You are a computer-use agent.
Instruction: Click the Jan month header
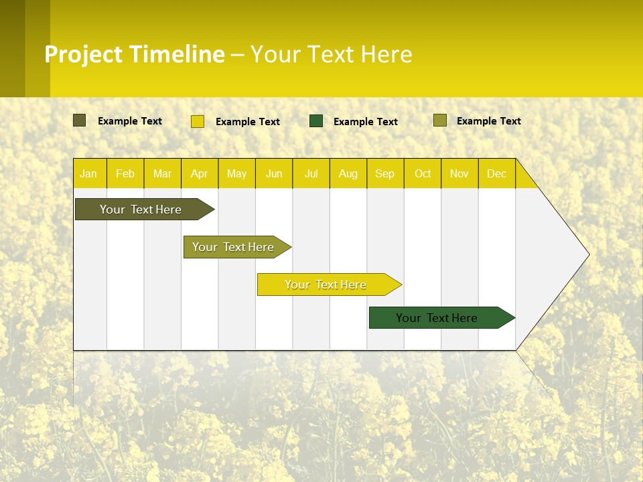pyautogui.click(x=88, y=173)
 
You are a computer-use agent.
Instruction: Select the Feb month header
pyautogui.click(x=125, y=173)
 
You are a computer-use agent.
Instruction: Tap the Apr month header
pyautogui.click(x=200, y=173)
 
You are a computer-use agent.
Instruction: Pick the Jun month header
pyautogui.click(x=274, y=173)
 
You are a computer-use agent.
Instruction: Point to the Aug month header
pyautogui.click(x=348, y=173)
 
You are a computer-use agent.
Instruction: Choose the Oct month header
pyautogui.click(x=423, y=173)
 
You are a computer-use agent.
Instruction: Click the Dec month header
pyautogui.click(x=497, y=173)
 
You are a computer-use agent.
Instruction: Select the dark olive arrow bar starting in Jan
pyautogui.click(x=141, y=210)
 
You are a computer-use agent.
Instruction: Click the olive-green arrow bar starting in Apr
pyautogui.click(x=233, y=247)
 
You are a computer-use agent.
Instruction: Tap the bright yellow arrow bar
pyautogui.click(x=326, y=285)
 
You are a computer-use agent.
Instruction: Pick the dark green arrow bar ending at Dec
pyautogui.click(x=437, y=318)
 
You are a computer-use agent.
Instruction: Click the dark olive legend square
pyautogui.click(x=79, y=120)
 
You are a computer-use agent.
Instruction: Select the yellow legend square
pyautogui.click(x=197, y=121)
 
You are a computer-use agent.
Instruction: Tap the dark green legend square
pyautogui.click(x=316, y=120)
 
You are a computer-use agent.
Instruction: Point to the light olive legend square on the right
pyautogui.click(x=439, y=120)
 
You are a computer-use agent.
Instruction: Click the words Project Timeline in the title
pyautogui.click(x=134, y=54)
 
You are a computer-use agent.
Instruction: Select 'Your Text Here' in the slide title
pyautogui.click(x=331, y=54)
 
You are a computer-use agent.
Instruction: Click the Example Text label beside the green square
pyautogui.click(x=365, y=122)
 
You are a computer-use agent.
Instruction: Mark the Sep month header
pyautogui.click(x=385, y=173)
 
